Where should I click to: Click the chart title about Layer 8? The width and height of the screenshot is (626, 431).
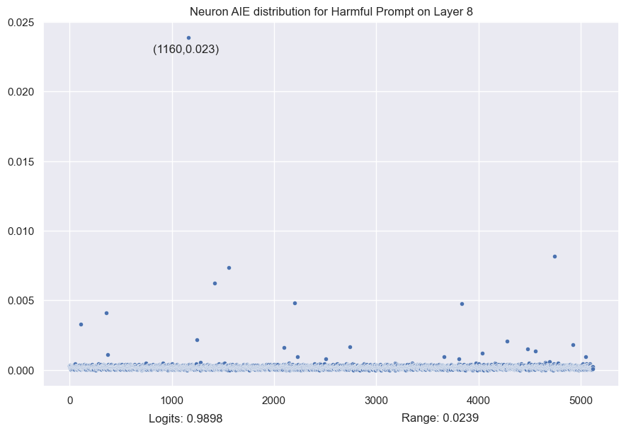pos(331,11)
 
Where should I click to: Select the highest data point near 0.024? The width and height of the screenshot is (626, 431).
pos(188,38)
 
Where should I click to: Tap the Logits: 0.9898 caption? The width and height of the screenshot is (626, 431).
pos(186,418)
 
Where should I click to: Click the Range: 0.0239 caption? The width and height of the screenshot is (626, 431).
pos(440,418)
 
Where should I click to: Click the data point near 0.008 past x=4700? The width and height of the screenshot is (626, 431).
pos(554,256)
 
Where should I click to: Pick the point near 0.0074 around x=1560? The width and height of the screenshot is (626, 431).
pos(229,268)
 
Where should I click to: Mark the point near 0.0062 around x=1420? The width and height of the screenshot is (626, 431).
pos(215,283)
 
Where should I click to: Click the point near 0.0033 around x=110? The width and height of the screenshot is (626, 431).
pos(81,324)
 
